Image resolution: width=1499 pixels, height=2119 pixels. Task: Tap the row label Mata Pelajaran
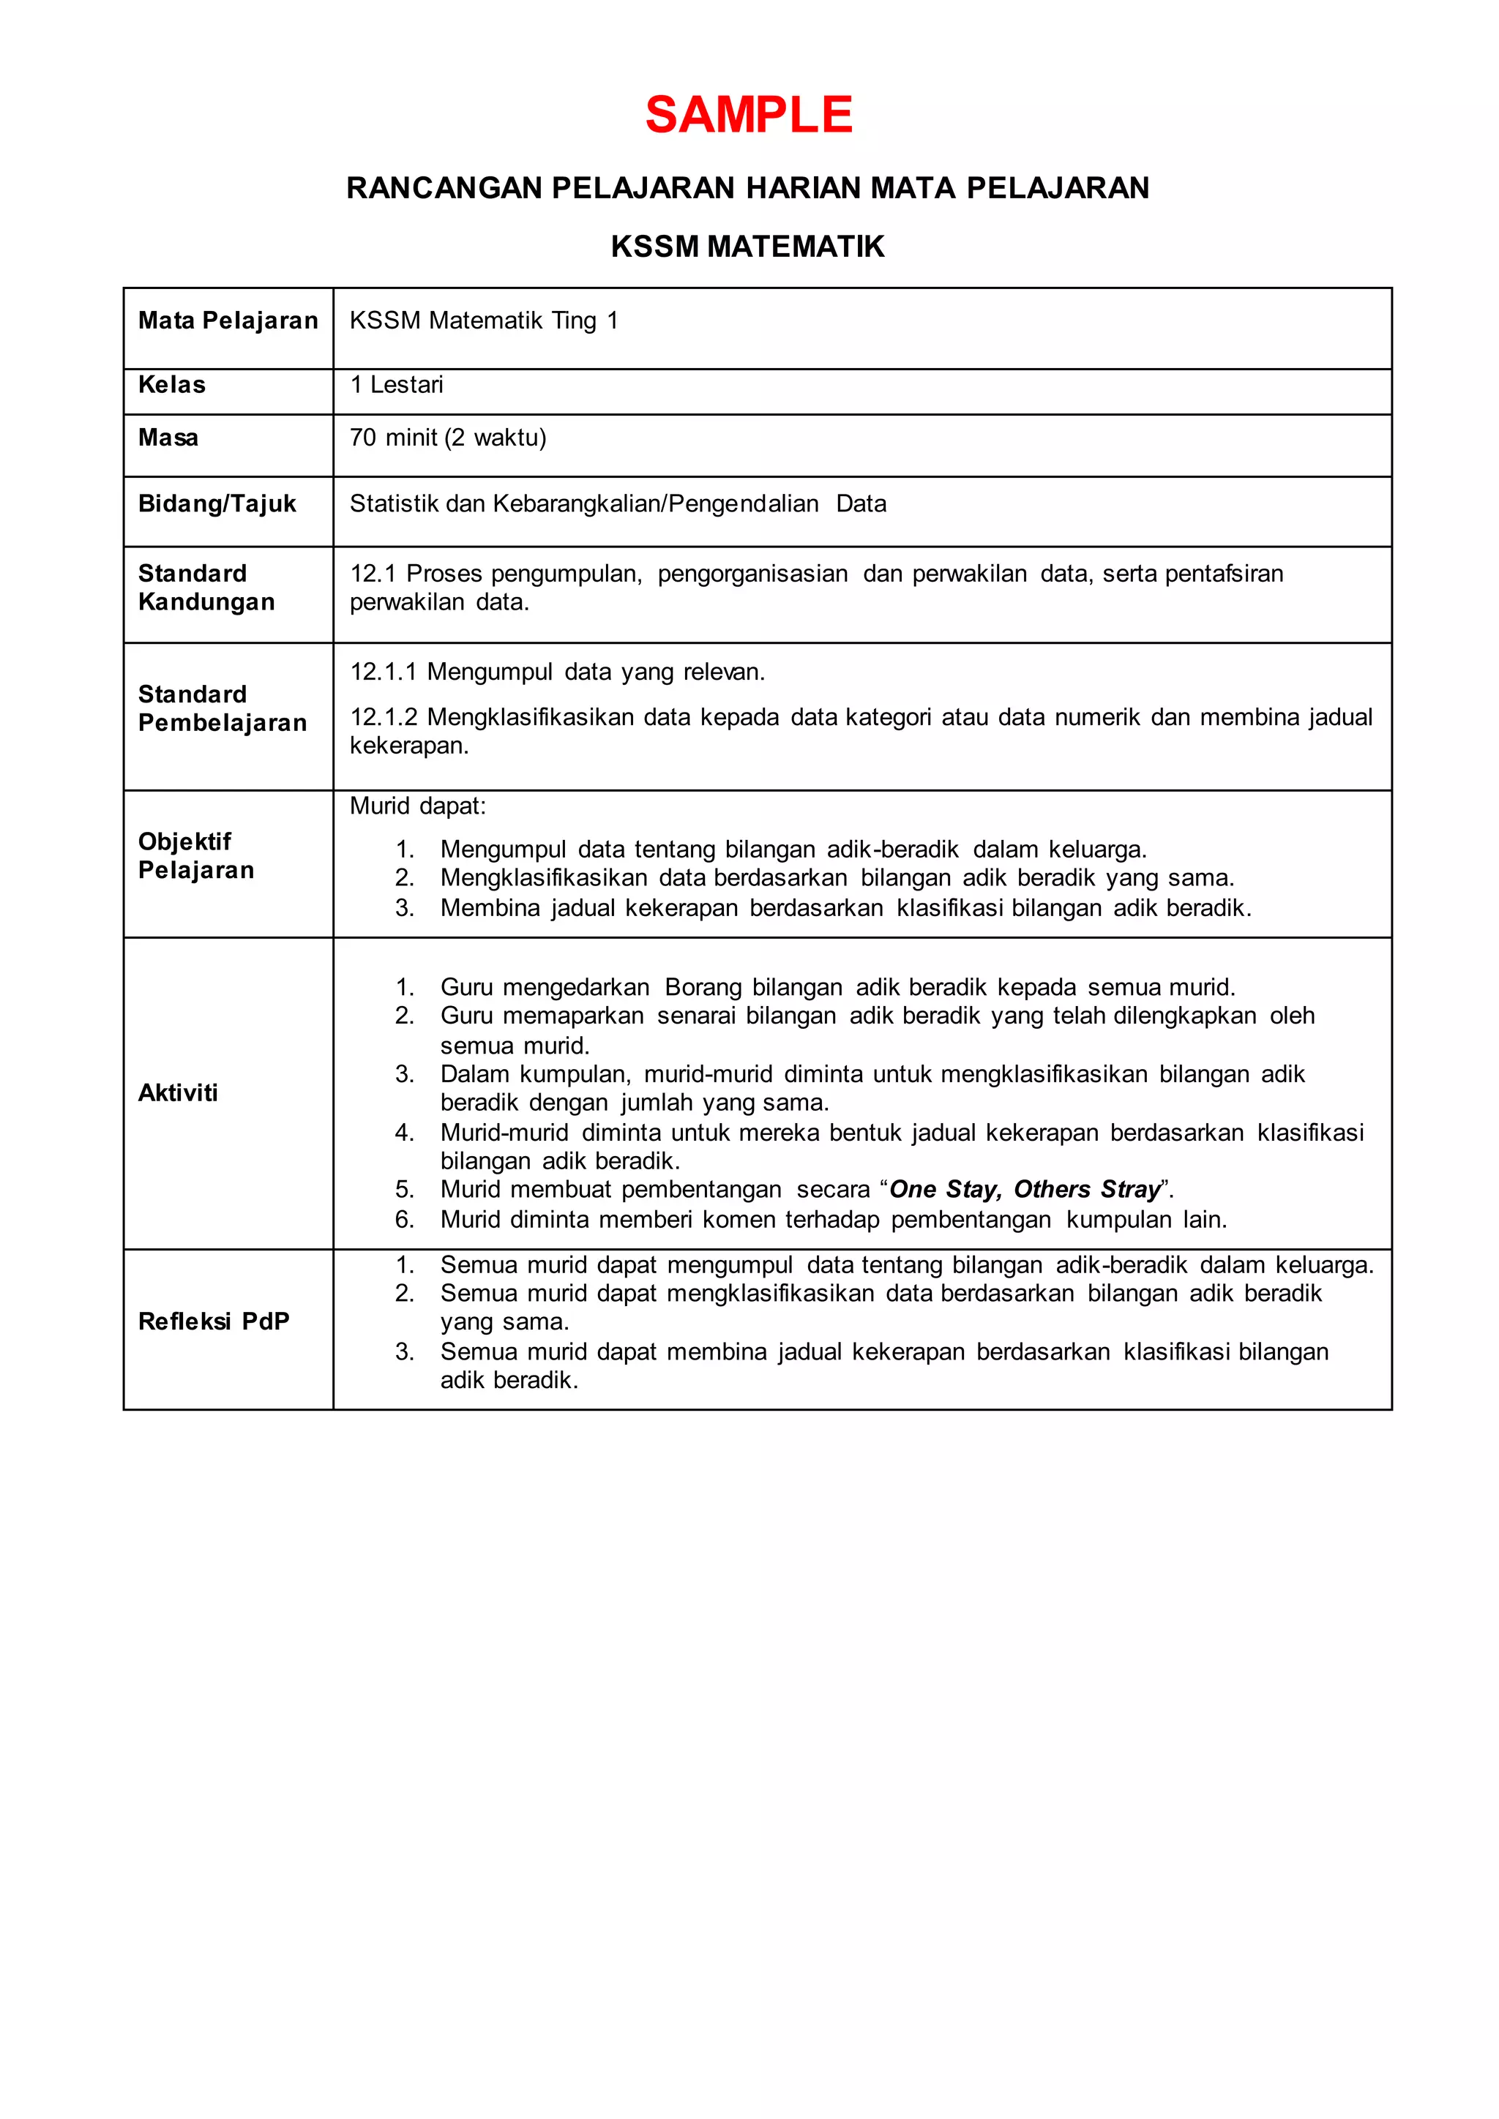coord(228,320)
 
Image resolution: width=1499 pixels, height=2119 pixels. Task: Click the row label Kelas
coord(172,385)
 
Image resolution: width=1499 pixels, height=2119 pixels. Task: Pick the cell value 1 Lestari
coord(397,385)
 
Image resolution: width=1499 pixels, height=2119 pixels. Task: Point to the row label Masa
coord(168,438)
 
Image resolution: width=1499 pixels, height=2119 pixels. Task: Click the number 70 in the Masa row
coord(363,438)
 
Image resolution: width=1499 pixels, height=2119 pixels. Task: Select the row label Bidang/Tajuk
coord(217,504)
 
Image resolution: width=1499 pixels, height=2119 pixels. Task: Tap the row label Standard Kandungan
coord(206,588)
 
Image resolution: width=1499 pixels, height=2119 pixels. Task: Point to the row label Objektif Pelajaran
coord(195,855)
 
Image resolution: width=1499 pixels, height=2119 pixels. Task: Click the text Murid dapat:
coord(417,806)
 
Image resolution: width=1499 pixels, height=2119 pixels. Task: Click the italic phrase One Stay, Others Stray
coord(1025,1190)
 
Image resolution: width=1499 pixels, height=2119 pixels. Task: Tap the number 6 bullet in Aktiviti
coord(404,1220)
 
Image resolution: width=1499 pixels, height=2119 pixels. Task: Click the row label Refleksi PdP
coord(213,1321)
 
